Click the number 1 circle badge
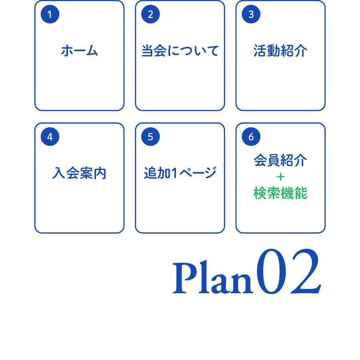point(50,14)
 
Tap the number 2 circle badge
point(150,14)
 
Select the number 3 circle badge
point(251,14)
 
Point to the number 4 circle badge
point(50,137)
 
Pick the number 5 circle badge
point(150,137)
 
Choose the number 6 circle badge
point(251,137)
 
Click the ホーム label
point(79,51)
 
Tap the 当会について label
point(180,51)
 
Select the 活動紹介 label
point(280,51)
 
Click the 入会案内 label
point(79,173)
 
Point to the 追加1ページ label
point(180,173)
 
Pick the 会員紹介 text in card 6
point(280,160)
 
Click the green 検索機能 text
point(280,194)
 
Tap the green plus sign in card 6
point(280,177)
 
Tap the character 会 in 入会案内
point(72,173)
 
